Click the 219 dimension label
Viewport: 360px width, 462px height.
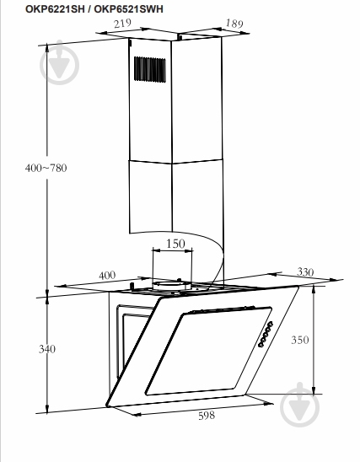(122, 24)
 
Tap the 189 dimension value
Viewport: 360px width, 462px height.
(234, 24)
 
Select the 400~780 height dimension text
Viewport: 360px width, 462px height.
(46, 168)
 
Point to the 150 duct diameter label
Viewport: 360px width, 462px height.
(175, 244)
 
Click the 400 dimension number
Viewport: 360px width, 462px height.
(107, 276)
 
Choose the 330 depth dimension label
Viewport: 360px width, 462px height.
(305, 271)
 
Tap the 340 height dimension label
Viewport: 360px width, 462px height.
(47, 349)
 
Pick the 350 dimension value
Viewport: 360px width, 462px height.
(300, 340)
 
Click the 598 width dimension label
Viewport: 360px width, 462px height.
(207, 416)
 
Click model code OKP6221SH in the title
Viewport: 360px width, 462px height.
(55, 9)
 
